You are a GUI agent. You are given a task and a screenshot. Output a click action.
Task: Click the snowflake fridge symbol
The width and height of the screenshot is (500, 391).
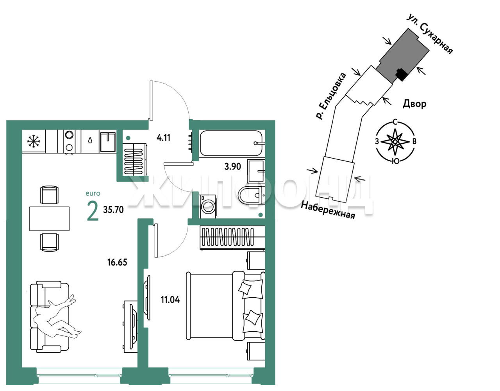[34, 141]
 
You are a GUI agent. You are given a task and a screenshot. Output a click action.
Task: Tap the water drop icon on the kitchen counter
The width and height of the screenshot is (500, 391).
[90, 140]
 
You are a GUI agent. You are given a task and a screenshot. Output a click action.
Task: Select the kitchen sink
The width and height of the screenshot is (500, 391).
[108, 142]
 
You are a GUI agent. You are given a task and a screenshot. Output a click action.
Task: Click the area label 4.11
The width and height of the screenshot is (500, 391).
[163, 138]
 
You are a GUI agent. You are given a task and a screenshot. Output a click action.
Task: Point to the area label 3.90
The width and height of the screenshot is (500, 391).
[233, 166]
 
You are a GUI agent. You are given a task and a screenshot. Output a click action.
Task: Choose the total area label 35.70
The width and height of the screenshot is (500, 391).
[113, 209]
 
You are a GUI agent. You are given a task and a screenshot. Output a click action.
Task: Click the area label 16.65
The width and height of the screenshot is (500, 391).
[117, 262]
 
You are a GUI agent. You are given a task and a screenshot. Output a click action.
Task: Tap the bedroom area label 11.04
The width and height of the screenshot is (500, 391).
[170, 300]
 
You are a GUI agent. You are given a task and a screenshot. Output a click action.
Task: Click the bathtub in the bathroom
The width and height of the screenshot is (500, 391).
[231, 143]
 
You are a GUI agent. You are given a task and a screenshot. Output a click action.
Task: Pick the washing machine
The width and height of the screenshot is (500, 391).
[208, 206]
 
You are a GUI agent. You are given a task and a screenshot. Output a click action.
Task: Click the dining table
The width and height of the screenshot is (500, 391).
[50, 218]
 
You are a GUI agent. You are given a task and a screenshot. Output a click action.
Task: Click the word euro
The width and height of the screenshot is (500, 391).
[93, 194]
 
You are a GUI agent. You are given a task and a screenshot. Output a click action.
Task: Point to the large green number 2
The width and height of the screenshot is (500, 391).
[93, 211]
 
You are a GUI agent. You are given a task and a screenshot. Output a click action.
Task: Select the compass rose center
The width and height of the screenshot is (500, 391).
[395, 141]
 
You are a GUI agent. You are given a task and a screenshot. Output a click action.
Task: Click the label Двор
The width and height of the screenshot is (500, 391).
[414, 104]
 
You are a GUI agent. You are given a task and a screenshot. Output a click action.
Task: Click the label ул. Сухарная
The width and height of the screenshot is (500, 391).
[430, 34]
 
